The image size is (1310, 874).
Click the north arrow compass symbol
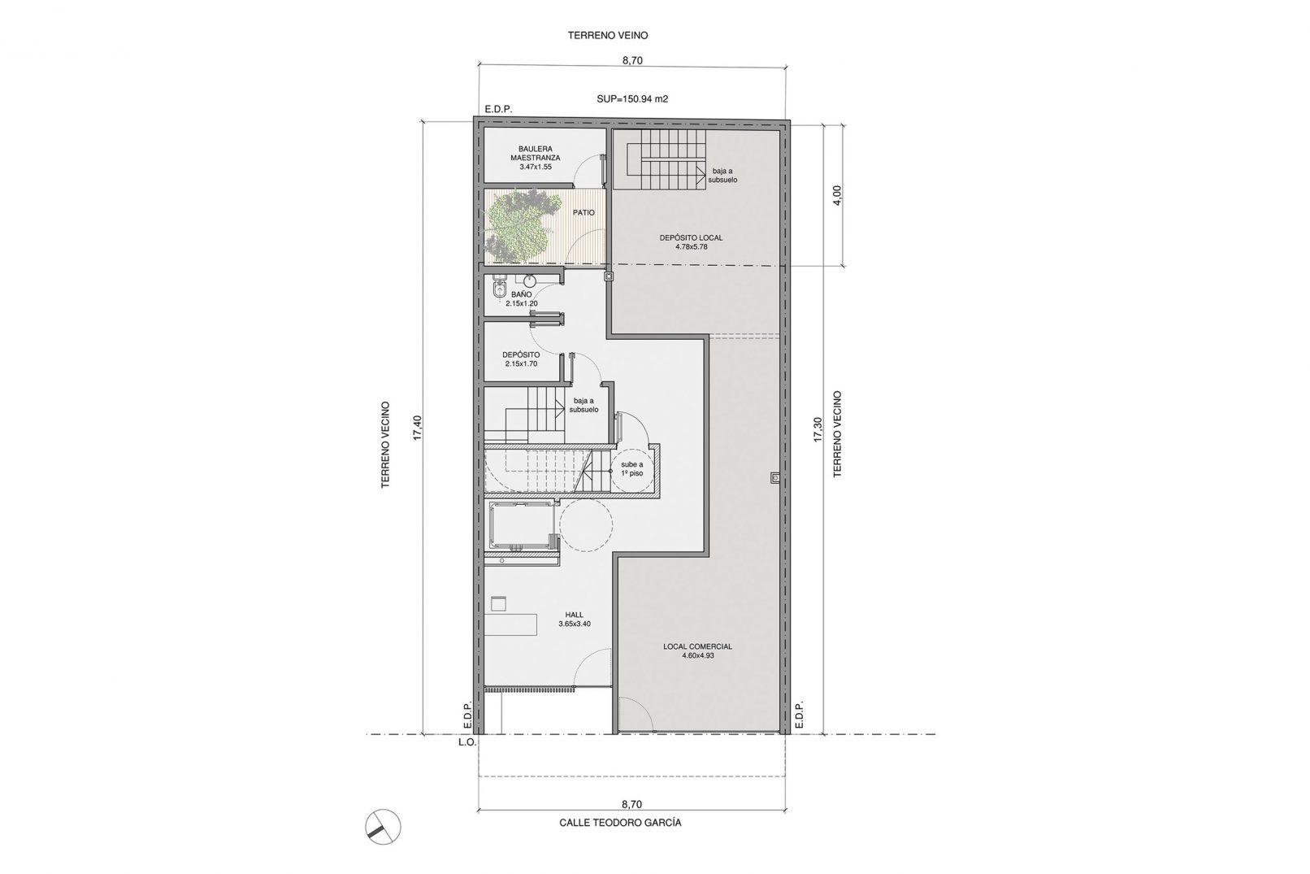(383, 828)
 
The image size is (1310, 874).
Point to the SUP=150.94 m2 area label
(632, 99)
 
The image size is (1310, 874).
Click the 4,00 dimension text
(837, 195)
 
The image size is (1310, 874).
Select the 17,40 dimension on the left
(417, 428)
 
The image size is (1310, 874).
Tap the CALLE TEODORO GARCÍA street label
(621, 823)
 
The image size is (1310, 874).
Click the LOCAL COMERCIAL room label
(698, 646)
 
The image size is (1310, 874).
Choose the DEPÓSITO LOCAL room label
(692, 237)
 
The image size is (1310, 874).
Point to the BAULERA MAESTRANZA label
(535, 154)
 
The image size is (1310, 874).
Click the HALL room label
(575, 615)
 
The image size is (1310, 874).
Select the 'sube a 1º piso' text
(632, 468)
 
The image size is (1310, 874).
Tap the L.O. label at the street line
(467, 741)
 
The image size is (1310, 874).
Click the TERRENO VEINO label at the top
(608, 35)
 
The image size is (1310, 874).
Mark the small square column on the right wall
(775, 477)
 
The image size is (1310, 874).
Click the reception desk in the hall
(510, 624)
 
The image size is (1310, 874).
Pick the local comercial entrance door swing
(636, 713)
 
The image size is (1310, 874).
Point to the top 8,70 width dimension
(633, 60)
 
